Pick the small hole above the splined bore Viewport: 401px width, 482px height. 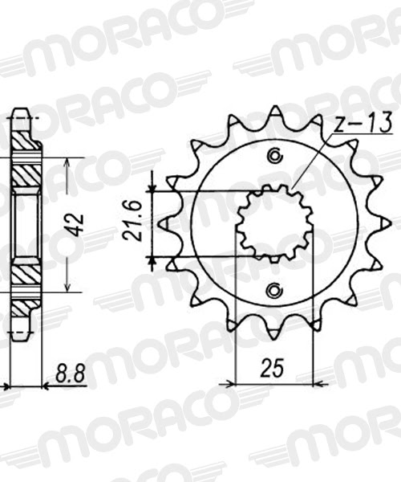pos(275,156)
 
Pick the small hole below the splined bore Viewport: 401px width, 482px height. pos(275,290)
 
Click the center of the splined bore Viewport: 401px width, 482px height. pos(275,223)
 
